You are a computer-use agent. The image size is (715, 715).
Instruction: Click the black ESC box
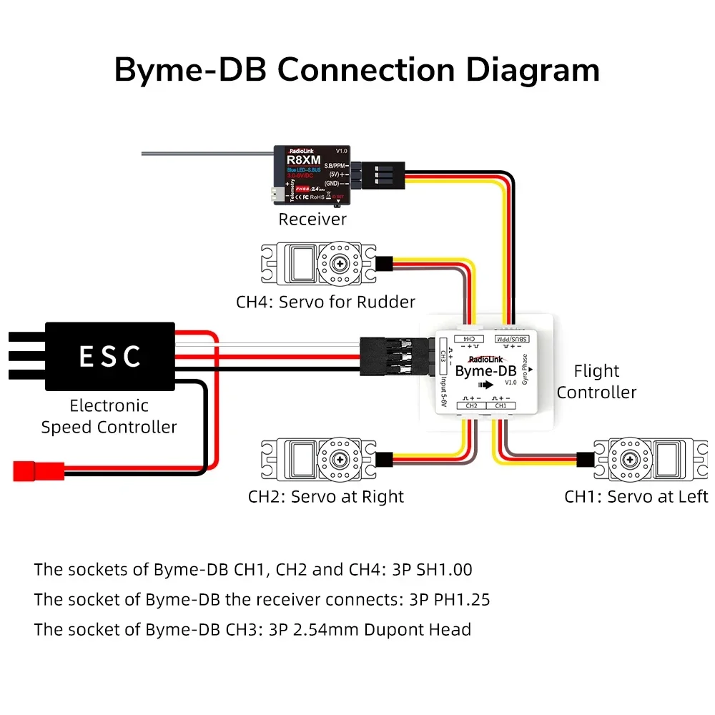click(x=109, y=356)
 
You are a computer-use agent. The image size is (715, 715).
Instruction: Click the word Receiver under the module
click(x=312, y=220)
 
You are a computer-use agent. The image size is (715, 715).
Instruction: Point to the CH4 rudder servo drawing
click(x=317, y=262)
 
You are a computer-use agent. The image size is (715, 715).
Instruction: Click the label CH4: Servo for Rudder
click(x=325, y=302)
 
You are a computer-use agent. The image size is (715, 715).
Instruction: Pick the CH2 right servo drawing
click(x=317, y=459)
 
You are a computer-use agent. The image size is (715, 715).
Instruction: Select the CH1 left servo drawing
click(x=648, y=459)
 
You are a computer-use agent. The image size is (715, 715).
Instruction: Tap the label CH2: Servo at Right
click(x=326, y=497)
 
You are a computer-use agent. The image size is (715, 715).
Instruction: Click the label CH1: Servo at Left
click(x=636, y=497)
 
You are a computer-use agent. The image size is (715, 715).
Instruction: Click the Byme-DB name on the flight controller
click(x=485, y=370)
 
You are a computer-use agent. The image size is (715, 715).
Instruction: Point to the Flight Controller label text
click(x=596, y=381)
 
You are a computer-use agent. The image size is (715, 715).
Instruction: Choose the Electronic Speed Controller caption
click(x=109, y=416)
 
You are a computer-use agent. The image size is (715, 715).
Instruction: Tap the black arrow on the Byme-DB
click(x=485, y=385)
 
